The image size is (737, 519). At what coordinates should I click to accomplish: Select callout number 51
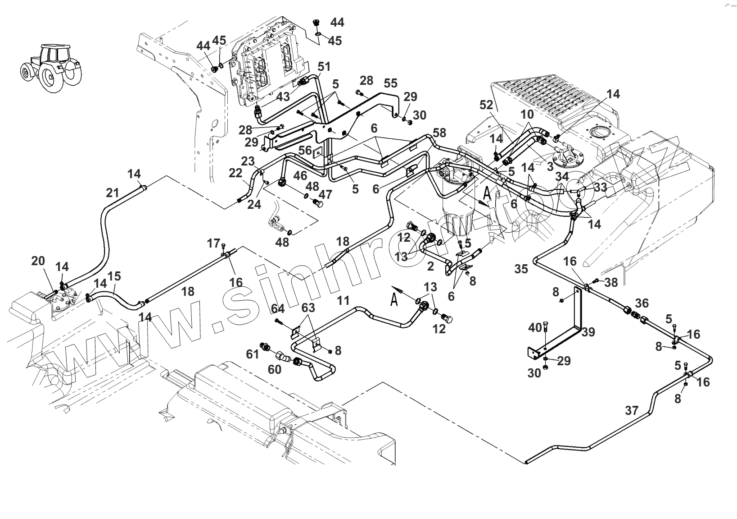324,67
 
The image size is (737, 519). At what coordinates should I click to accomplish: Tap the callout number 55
391,83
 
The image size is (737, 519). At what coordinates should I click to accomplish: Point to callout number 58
439,132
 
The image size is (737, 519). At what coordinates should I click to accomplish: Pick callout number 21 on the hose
113,193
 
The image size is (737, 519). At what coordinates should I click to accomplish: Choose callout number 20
38,261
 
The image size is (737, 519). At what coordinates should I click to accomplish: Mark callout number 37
632,410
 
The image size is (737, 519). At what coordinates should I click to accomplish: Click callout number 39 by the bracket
588,332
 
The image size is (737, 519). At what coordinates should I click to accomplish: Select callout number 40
535,328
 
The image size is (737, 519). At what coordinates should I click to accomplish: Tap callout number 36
642,302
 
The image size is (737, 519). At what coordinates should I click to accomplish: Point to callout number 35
521,269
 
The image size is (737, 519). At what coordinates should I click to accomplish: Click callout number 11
344,301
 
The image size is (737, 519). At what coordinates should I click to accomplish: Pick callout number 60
275,369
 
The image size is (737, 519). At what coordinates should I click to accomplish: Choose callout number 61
253,354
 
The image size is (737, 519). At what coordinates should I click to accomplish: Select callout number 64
278,309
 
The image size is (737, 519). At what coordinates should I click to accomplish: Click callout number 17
213,243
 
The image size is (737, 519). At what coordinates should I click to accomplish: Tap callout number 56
305,150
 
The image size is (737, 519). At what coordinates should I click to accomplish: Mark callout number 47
325,194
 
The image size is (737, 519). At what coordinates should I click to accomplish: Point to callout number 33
601,186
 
